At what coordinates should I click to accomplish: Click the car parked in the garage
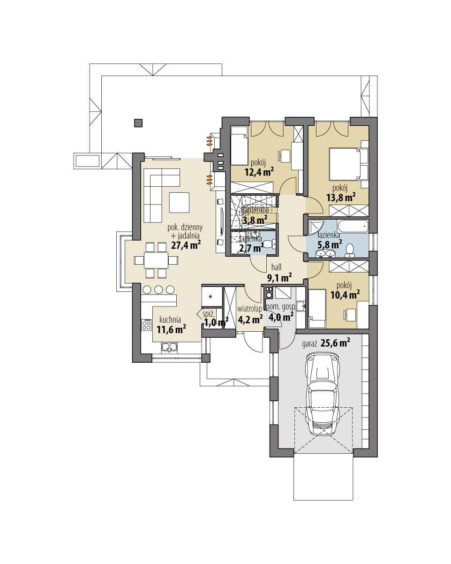pyautogui.click(x=323, y=395)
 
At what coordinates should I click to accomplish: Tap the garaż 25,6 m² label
pyautogui.click(x=327, y=343)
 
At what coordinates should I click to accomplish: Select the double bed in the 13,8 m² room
pyautogui.click(x=349, y=164)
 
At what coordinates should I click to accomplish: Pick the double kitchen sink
pyautogui.click(x=168, y=347)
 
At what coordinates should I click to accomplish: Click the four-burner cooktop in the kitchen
pyautogui.click(x=146, y=325)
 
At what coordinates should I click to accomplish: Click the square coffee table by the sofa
pyautogui.click(x=180, y=202)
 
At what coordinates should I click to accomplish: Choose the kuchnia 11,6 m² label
pyautogui.click(x=171, y=324)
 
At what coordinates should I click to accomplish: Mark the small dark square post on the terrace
pyautogui.click(x=138, y=123)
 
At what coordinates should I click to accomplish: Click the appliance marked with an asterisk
pyautogui.click(x=210, y=297)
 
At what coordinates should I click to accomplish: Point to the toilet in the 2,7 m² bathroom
pyautogui.click(x=268, y=244)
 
